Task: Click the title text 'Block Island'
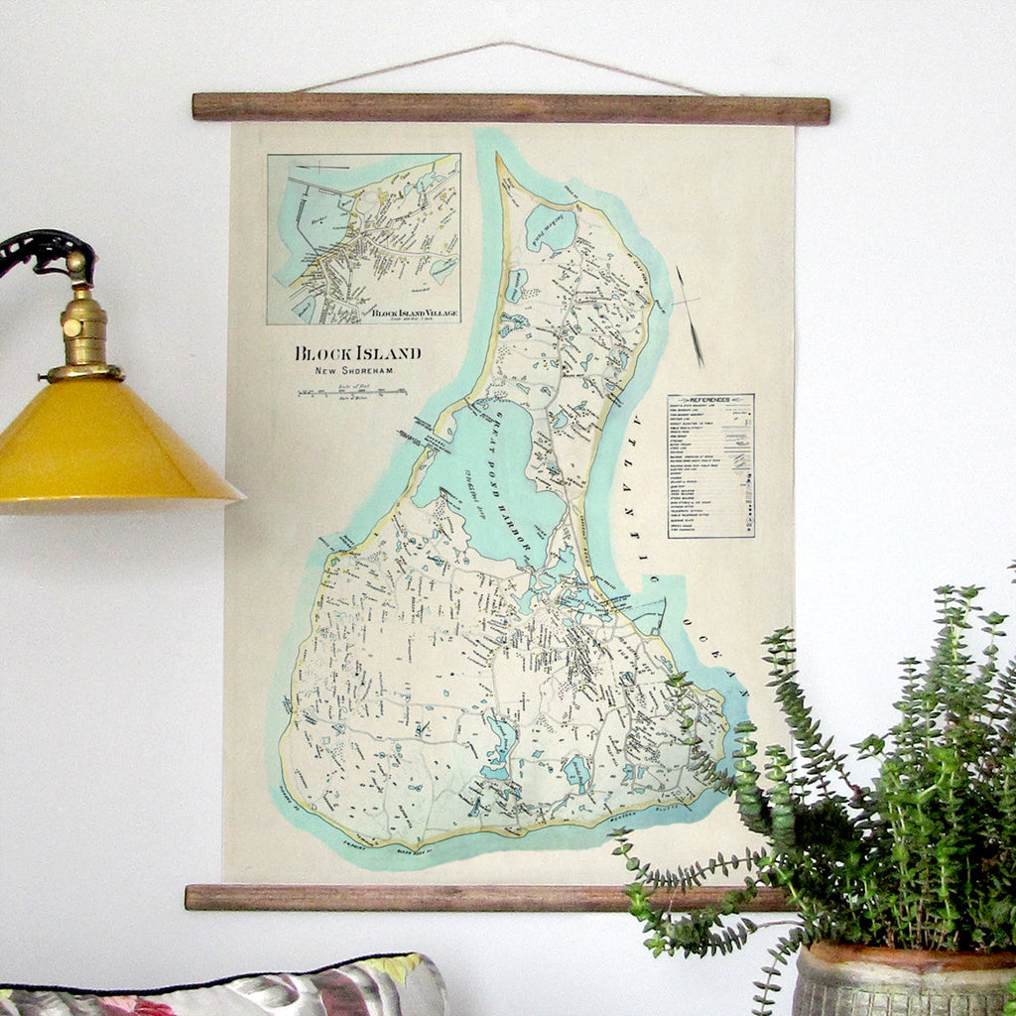pos(357,353)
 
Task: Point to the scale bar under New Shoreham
pos(352,393)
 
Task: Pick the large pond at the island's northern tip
pos(551,228)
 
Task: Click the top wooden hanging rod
pos(510,108)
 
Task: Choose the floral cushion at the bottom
pos(228,987)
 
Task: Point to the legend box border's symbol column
pos(739,466)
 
